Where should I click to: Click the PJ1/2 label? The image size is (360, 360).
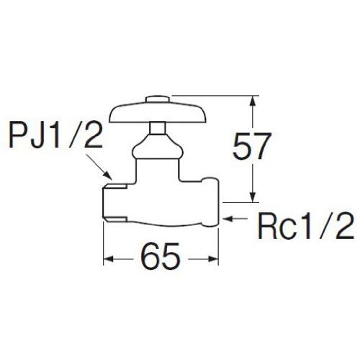[55, 136]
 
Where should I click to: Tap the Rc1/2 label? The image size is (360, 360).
[305, 227]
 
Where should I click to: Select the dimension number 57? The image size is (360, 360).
[252, 146]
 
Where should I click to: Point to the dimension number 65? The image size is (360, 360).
[161, 256]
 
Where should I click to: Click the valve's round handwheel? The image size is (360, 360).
[158, 113]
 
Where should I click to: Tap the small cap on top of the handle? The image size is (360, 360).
[158, 100]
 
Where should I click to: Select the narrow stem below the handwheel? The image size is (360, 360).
[158, 128]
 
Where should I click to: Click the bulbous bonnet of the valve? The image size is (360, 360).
[158, 147]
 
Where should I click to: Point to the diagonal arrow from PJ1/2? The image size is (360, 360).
[99, 168]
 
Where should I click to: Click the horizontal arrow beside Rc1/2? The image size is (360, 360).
[235, 219]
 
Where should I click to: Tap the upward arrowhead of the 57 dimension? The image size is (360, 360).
[252, 102]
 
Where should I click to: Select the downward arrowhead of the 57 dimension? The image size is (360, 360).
[252, 196]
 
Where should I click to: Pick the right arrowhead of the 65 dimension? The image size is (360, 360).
[212, 259]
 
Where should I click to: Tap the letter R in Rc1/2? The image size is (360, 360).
[267, 227]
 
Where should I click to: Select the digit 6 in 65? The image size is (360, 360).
[150, 256]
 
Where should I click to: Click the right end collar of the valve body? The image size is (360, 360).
[211, 202]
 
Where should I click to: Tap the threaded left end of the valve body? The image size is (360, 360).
[114, 203]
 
